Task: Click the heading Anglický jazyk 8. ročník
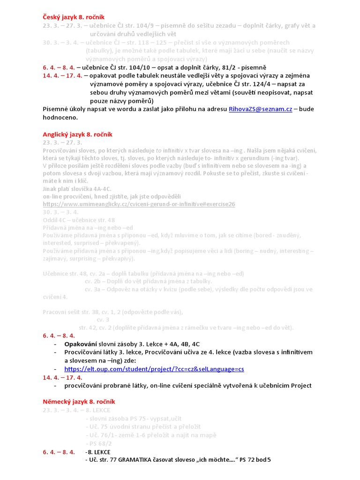click(x=77, y=135)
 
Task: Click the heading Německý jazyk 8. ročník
click(x=79, y=402)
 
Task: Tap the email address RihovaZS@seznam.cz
click(x=260, y=109)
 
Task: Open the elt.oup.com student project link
click(x=154, y=369)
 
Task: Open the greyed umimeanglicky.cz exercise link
click(x=139, y=204)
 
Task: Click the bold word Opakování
click(x=81, y=344)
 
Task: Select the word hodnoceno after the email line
click(x=60, y=118)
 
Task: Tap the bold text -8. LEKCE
click(x=98, y=452)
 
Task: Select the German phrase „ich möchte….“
click(x=211, y=460)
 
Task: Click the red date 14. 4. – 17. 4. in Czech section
click(x=62, y=75)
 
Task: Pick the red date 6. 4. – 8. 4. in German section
click(x=59, y=452)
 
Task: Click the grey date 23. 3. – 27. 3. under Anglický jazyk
click(x=62, y=142)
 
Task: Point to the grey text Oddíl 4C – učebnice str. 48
click(x=79, y=219)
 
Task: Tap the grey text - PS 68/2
click(x=99, y=443)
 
